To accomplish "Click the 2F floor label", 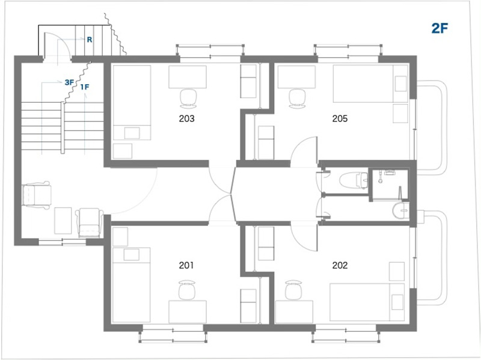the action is click(440, 28).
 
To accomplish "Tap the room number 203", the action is click(186, 118).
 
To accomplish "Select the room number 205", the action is click(340, 118).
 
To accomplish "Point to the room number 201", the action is click(186, 265).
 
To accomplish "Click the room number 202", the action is click(340, 265).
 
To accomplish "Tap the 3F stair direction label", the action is click(69, 82).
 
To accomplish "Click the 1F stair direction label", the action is click(85, 87).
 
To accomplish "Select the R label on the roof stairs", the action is click(90, 40).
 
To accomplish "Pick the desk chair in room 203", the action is click(188, 99).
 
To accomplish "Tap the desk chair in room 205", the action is click(297, 99).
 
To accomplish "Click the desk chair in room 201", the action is click(187, 290).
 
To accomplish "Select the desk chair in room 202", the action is click(293, 290).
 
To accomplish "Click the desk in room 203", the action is click(188, 77).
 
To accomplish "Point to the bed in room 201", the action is click(131, 285).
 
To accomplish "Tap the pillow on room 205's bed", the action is click(400, 84).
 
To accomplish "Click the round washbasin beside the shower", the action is click(400, 211).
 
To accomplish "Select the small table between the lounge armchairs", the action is click(63, 221).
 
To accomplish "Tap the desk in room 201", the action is click(188, 311).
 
